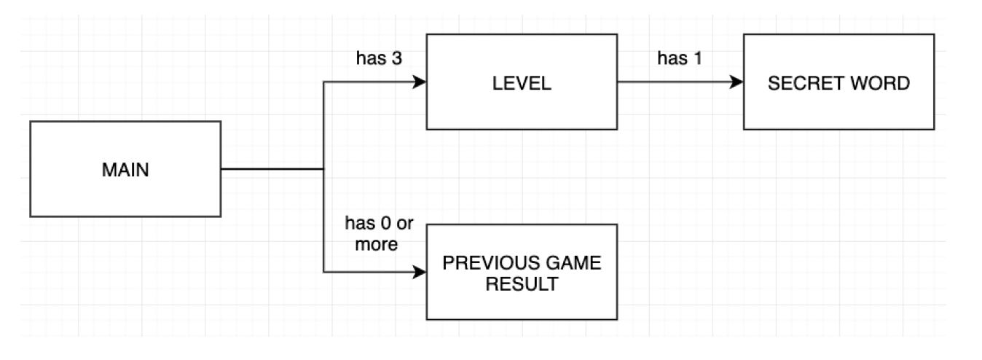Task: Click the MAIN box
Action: coord(125,169)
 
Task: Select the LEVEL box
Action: coord(521,82)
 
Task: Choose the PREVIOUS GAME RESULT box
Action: coord(521,272)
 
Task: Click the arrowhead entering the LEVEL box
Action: coord(420,82)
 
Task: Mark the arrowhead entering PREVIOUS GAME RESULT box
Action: coord(420,273)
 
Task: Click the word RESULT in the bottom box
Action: coord(522,282)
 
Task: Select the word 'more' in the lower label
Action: coord(376,244)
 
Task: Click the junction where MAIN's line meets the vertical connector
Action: coord(323,169)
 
